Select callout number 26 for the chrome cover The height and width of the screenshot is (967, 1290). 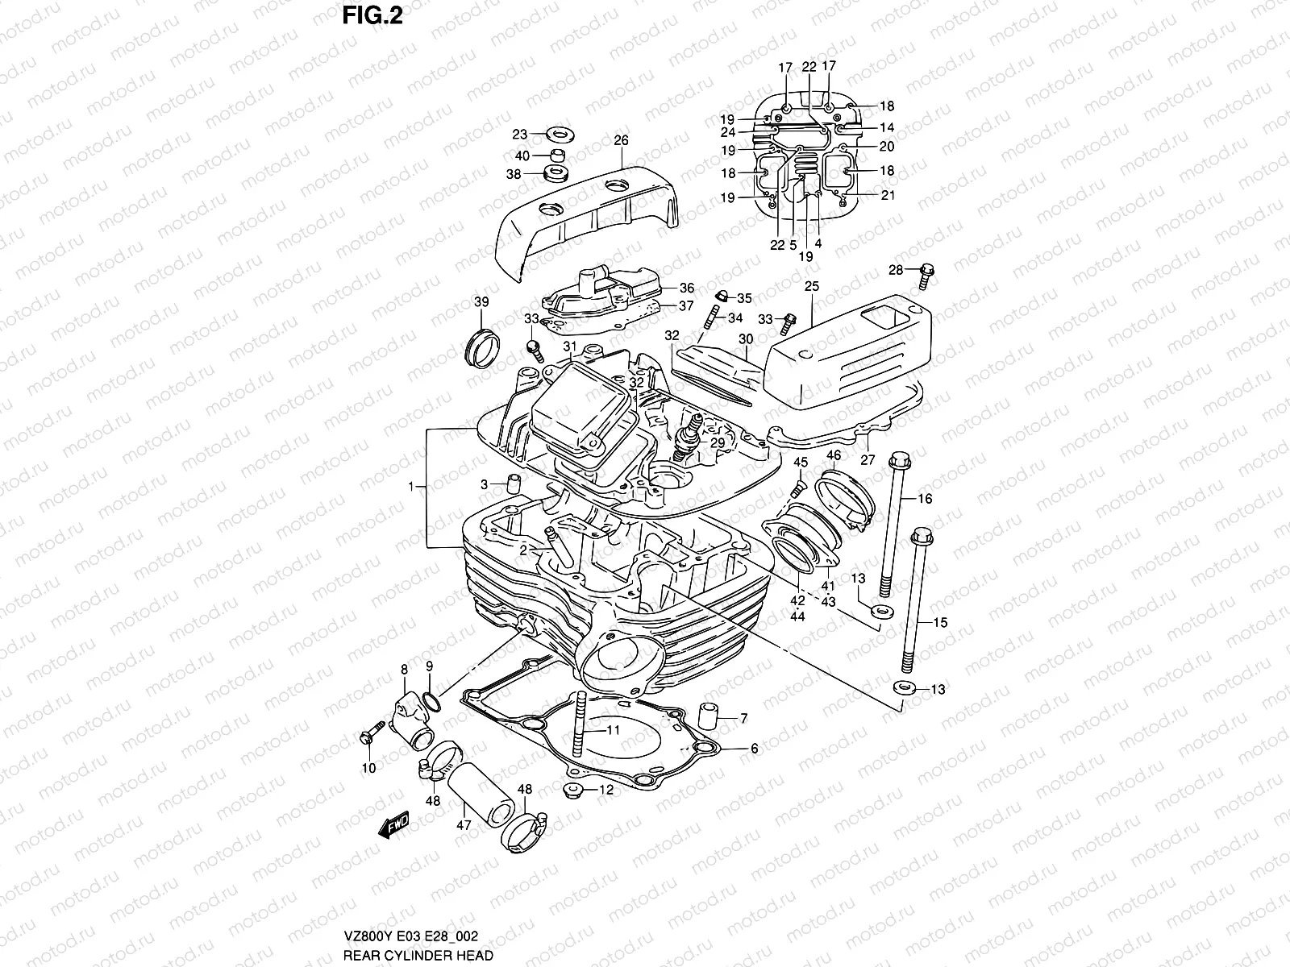tap(643, 140)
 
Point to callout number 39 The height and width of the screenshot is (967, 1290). tap(481, 301)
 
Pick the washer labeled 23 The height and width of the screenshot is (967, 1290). tap(556, 133)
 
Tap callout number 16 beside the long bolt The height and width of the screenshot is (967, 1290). tap(924, 499)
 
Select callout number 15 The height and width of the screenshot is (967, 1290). tap(940, 622)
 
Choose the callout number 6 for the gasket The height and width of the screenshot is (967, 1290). tap(754, 749)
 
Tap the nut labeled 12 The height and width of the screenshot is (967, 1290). tap(573, 789)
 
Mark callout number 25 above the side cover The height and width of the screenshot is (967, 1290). tap(811, 286)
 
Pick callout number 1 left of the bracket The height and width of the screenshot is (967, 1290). tap(411, 487)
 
